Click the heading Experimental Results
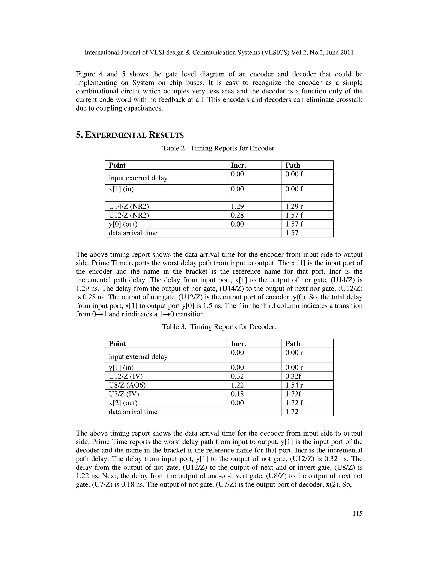(x=130, y=135)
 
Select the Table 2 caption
(x=219, y=148)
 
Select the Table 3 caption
(x=219, y=327)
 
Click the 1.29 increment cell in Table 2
(x=237, y=206)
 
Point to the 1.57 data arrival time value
(x=292, y=233)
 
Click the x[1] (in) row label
(x=121, y=189)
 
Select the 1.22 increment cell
(x=237, y=385)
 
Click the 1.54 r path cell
(x=294, y=385)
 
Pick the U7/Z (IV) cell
(x=124, y=394)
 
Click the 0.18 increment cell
(x=237, y=394)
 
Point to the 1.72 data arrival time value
(x=292, y=412)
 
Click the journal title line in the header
(x=219, y=53)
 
